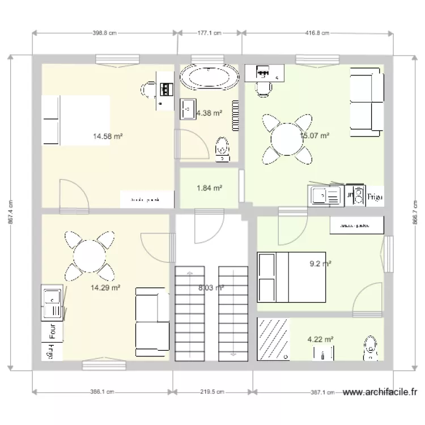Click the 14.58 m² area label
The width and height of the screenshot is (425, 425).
pos(108,136)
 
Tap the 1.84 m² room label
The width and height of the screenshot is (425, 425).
pos(209,188)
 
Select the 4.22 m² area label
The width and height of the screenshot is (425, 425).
pos(320,339)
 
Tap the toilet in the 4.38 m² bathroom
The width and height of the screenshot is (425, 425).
pos(223,148)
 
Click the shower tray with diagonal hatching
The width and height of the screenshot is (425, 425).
pos(273,339)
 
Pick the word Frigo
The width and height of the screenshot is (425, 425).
pos(375,197)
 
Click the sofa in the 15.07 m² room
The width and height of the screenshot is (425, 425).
pos(366,102)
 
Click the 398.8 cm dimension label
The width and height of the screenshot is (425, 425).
pos(104,33)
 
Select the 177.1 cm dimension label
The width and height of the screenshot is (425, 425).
pos(209,33)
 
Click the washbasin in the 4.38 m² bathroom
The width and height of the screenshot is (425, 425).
pos(188,109)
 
